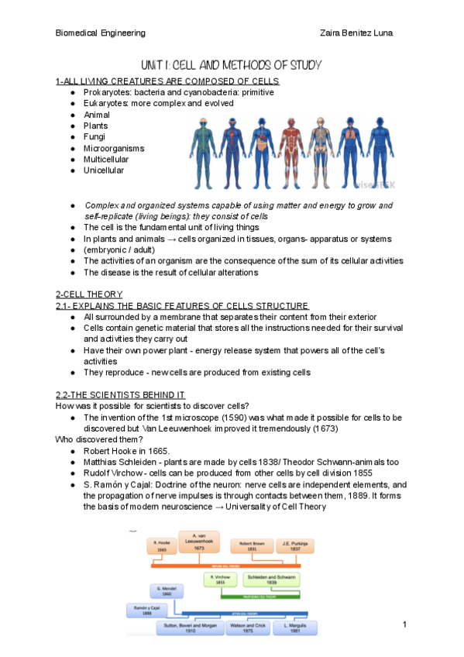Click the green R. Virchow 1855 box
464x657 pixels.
(x=221, y=581)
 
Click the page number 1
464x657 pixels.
(x=404, y=624)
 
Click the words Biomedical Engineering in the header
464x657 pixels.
(x=101, y=33)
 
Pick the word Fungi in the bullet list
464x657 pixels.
(x=95, y=136)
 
